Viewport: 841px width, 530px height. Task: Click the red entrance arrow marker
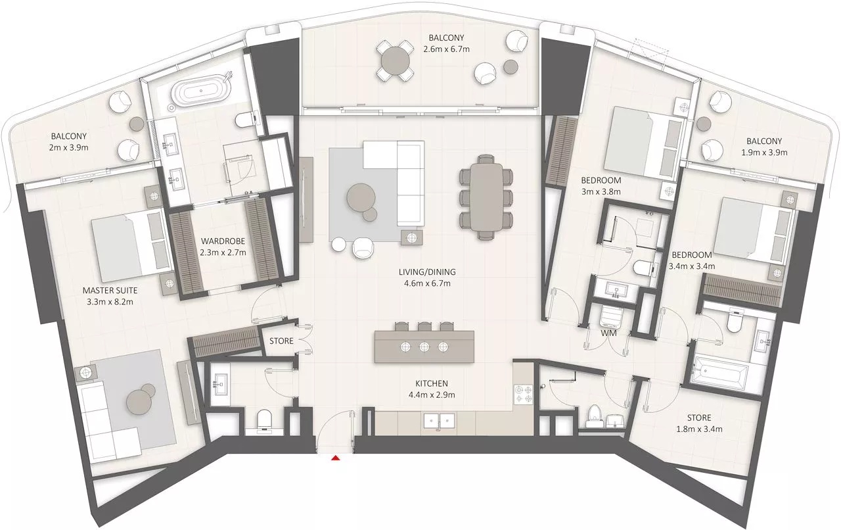(x=336, y=457)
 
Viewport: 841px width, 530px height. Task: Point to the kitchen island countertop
(x=424, y=347)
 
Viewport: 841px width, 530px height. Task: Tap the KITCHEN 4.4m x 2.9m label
(x=431, y=389)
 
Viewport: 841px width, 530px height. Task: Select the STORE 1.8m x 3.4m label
(x=700, y=423)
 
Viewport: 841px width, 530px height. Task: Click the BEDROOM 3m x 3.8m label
(x=601, y=185)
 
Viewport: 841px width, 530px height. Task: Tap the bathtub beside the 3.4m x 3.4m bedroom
(x=720, y=374)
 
